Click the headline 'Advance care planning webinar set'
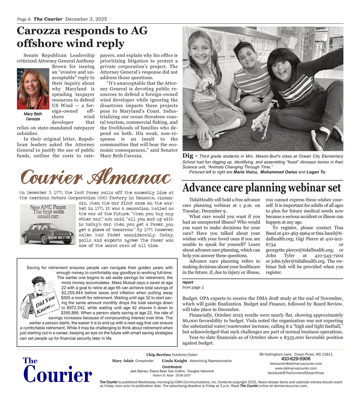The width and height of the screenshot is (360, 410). [261, 188]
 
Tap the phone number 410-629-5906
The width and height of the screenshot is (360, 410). [296, 359]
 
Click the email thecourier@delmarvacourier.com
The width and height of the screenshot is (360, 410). [296, 364]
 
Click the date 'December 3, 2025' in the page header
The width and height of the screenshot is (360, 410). [86, 19]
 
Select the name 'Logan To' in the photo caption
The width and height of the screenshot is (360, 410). [316, 172]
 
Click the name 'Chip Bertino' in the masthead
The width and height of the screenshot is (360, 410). [158, 355]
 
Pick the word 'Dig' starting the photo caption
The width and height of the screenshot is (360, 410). [188, 156]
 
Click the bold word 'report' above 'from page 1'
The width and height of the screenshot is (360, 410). [188, 283]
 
